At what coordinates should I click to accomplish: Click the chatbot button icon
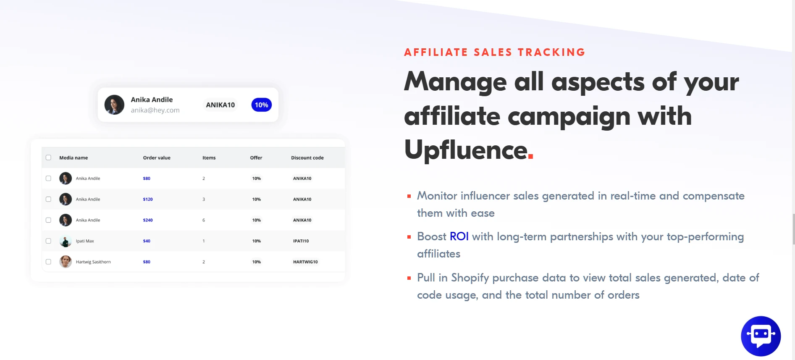click(x=761, y=336)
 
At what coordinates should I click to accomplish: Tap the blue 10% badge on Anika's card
click(x=261, y=105)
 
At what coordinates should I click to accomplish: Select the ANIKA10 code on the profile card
click(x=220, y=105)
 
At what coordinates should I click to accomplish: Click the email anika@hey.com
click(x=155, y=110)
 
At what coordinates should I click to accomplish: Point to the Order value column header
click(x=157, y=158)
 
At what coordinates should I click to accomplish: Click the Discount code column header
click(x=307, y=158)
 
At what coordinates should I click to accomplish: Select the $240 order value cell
click(x=148, y=220)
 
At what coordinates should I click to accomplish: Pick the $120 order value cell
click(x=148, y=200)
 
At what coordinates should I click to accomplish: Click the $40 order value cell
click(x=147, y=241)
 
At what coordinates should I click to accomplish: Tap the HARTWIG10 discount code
click(x=305, y=262)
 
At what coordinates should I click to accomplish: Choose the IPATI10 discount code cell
click(x=301, y=241)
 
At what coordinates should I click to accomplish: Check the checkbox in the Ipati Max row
click(x=48, y=241)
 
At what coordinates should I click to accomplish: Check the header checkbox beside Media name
click(x=48, y=158)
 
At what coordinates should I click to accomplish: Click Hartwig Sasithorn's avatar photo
click(x=66, y=262)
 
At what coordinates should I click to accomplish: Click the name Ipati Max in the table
click(x=85, y=241)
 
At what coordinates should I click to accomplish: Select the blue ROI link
click(x=459, y=236)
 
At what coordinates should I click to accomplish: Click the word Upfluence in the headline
click(x=466, y=150)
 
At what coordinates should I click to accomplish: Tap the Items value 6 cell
click(x=204, y=220)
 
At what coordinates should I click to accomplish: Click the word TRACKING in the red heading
click(x=551, y=52)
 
